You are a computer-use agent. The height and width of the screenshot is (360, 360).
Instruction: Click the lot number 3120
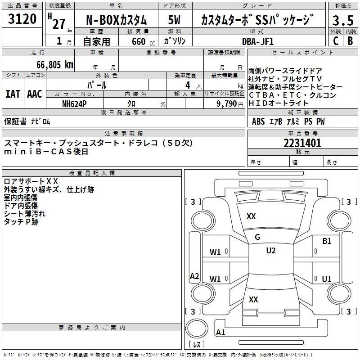pyautogui.click(x=23, y=19)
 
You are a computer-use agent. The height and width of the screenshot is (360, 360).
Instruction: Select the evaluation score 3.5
pyautogui.click(x=342, y=21)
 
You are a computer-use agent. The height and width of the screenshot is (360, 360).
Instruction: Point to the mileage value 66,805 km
pyautogui.click(x=50, y=64)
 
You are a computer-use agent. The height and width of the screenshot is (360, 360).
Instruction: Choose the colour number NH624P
pyautogui.click(x=75, y=103)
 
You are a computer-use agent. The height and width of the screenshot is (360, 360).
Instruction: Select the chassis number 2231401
pyautogui.click(x=302, y=144)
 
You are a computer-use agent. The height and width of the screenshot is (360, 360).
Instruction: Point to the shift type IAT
pyautogui.click(x=13, y=94)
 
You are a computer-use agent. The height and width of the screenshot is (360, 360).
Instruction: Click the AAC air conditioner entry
pyautogui.click(x=34, y=94)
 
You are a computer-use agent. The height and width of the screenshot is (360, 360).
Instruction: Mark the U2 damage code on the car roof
pyautogui.click(x=270, y=251)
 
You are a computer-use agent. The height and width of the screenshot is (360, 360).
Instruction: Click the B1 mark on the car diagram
pyautogui.click(x=327, y=241)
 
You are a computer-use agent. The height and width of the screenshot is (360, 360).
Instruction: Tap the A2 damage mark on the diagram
pyautogui.click(x=194, y=276)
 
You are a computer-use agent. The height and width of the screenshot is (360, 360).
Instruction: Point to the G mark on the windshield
pyautogui.click(x=257, y=237)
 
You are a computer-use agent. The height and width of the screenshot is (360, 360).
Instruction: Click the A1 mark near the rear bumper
pyautogui.click(x=221, y=333)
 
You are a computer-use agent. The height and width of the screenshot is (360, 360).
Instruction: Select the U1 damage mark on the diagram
pyautogui.click(x=327, y=279)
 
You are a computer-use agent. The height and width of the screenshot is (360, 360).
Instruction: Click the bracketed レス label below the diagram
pyautogui.click(x=196, y=345)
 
